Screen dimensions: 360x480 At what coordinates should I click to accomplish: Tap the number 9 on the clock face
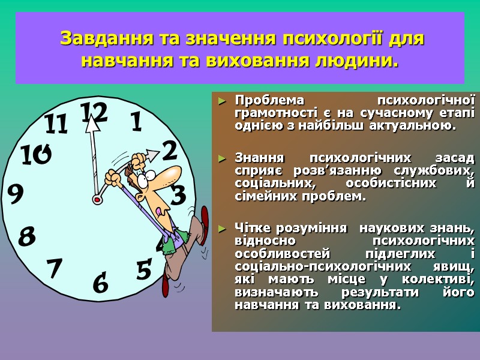(x=16, y=193)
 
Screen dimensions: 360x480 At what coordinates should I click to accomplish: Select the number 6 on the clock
(x=101, y=282)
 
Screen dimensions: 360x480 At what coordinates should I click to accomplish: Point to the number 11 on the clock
(x=56, y=124)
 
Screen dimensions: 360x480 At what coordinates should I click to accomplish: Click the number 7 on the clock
(x=55, y=268)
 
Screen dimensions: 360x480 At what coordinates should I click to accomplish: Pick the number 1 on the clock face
(x=136, y=122)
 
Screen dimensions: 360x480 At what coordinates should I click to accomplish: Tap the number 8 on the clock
(x=27, y=236)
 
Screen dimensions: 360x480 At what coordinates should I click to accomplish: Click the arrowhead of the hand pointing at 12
(x=91, y=125)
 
